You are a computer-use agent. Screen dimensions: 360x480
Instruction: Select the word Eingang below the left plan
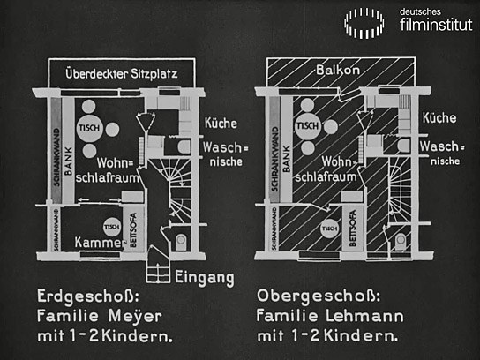click(x=205, y=277)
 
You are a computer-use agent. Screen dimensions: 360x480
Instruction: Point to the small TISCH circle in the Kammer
click(x=112, y=225)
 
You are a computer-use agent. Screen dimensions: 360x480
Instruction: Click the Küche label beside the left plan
click(x=221, y=123)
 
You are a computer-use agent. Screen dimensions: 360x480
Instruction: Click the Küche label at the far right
click(x=439, y=117)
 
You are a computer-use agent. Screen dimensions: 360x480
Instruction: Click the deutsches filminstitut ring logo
click(x=364, y=22)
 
